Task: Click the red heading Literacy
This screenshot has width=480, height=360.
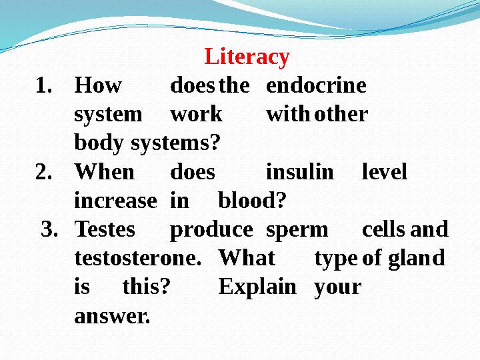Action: tap(247, 57)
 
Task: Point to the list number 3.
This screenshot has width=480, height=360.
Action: tap(51, 230)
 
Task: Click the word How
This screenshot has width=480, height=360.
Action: tap(98, 86)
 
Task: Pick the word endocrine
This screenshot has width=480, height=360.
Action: tap(316, 86)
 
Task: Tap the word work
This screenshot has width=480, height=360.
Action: tap(196, 115)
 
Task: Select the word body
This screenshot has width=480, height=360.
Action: tap(99, 144)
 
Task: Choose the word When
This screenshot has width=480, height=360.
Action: tap(104, 173)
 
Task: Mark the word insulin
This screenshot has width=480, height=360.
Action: tap(299, 173)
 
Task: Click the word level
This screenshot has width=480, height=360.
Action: tap(384, 173)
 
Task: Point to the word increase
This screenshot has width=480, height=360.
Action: tap(115, 201)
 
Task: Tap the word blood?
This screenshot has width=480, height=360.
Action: tap(252, 201)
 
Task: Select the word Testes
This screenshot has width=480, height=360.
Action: tap(105, 230)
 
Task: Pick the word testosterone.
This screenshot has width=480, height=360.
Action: tap(137, 259)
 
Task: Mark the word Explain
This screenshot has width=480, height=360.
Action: tap(257, 288)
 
